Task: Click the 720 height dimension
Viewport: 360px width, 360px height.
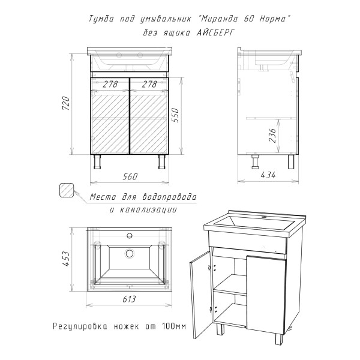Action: (66, 103)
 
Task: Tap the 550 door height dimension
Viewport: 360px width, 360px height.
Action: (176, 115)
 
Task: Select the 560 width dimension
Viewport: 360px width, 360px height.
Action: (130, 176)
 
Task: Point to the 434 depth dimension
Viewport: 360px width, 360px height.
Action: (268, 175)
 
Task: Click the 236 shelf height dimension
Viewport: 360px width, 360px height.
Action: (272, 136)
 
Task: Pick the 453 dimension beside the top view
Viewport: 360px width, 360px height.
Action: (66, 259)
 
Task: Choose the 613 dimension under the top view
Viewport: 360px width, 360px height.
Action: (129, 299)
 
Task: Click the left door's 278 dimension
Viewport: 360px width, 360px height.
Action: (110, 84)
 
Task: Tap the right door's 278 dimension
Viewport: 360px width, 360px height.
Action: (149, 84)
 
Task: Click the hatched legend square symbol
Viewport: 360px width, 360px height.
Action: (67, 190)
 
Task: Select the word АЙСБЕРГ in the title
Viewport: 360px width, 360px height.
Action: (216, 33)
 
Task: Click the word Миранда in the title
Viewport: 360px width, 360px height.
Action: (218, 19)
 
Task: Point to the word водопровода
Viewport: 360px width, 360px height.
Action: (170, 197)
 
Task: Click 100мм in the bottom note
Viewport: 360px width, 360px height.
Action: (174, 326)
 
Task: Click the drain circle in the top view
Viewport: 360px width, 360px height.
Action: (130, 253)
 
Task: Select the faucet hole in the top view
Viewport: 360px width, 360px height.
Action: (130, 236)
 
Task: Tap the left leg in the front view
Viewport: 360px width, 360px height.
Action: (97, 161)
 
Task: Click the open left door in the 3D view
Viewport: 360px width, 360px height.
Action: (200, 295)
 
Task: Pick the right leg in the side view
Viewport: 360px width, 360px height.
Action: (291, 161)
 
